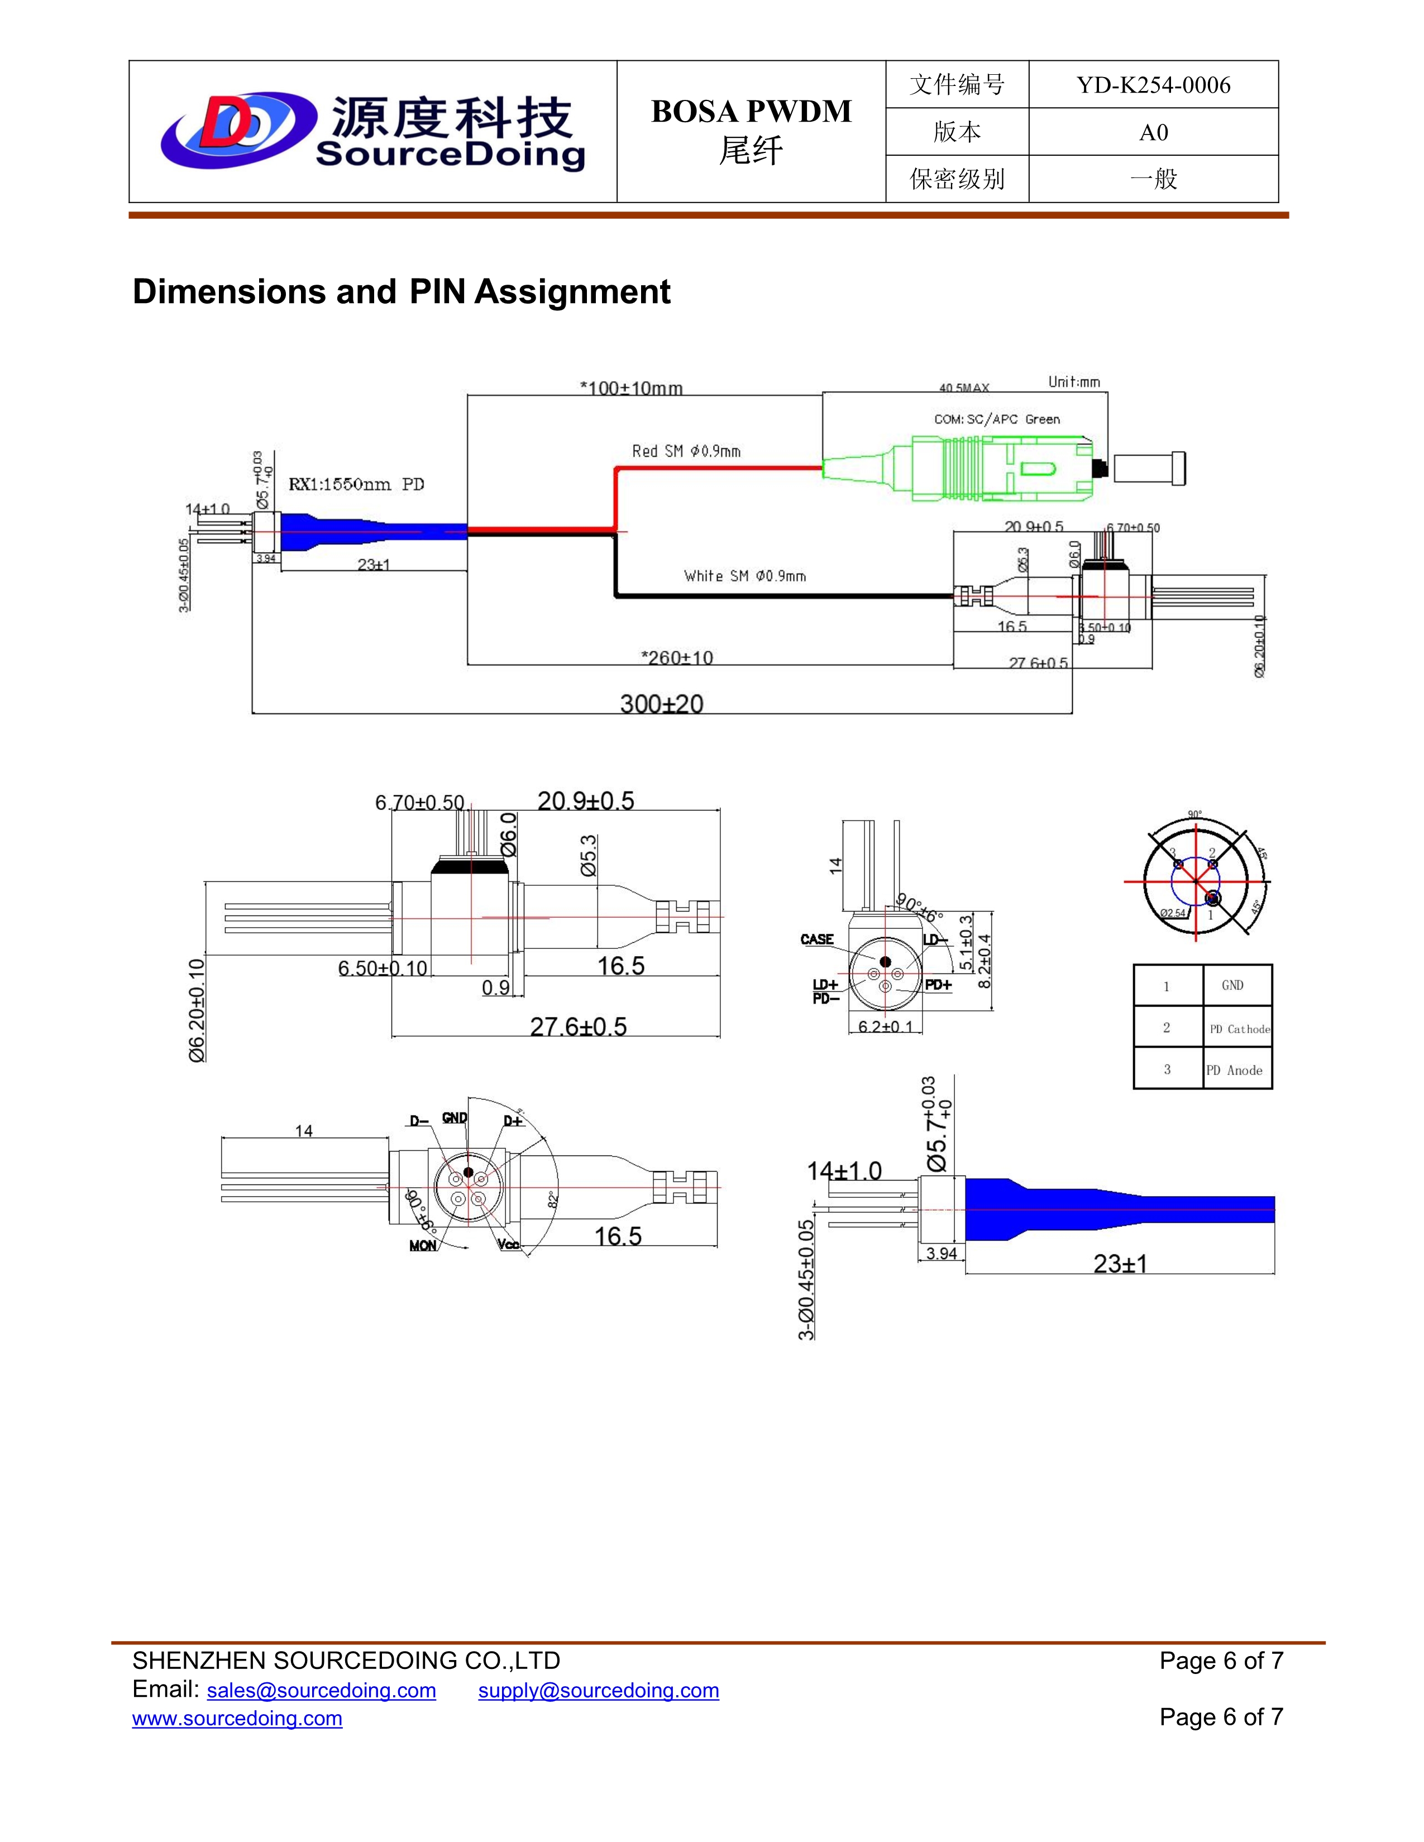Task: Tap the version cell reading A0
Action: click(x=1153, y=132)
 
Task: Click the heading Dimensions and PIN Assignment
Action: click(x=401, y=292)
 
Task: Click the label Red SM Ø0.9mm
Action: click(x=686, y=451)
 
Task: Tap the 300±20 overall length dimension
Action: click(x=661, y=703)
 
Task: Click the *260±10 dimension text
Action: click(x=677, y=657)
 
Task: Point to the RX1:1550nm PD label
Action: click(x=356, y=484)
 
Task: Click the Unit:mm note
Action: click(x=1073, y=382)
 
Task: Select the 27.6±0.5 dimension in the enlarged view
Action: click(x=578, y=1026)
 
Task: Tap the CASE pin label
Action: click(x=816, y=939)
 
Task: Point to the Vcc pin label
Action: click(x=509, y=1245)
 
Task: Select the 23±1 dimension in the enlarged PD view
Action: click(x=1120, y=1263)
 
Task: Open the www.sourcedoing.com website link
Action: click(x=237, y=1718)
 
